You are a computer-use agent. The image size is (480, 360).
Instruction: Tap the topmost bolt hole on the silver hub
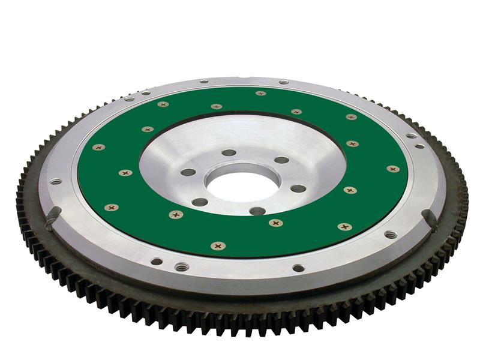[229, 152]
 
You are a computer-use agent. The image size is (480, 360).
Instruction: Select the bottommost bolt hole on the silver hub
[257, 211]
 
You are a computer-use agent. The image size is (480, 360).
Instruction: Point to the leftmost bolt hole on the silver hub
[188, 172]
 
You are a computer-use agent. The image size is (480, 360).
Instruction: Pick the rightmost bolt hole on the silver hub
[298, 188]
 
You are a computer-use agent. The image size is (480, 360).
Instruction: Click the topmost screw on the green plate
[260, 94]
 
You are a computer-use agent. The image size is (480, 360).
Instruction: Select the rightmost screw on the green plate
[393, 169]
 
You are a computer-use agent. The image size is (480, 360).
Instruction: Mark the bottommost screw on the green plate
[218, 245]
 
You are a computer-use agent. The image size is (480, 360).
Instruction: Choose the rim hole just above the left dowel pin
[56, 181]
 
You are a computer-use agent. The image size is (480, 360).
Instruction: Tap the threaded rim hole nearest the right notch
[391, 234]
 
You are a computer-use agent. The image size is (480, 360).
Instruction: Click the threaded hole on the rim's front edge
[182, 266]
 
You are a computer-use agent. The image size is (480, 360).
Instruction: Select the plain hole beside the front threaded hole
[157, 261]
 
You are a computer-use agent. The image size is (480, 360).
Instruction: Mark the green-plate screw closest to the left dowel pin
[112, 208]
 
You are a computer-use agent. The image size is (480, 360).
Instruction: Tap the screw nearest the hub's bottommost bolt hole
[276, 223]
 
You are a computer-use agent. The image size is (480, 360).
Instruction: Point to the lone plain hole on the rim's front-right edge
[298, 268]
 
